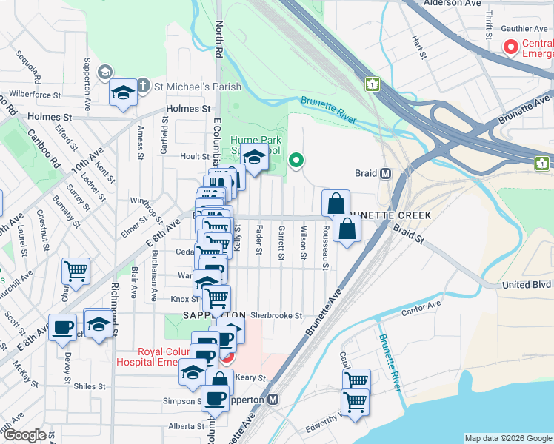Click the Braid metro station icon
(x=385, y=174)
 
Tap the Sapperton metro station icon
(x=273, y=400)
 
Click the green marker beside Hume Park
(x=296, y=160)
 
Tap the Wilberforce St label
(x=34, y=95)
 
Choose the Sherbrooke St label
(x=276, y=315)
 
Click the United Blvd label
(x=526, y=284)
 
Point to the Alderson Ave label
(x=452, y=4)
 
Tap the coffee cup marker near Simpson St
(x=216, y=398)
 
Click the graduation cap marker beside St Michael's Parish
(x=123, y=92)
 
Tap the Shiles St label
(x=90, y=386)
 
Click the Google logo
(x=24, y=435)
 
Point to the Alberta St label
(x=186, y=426)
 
